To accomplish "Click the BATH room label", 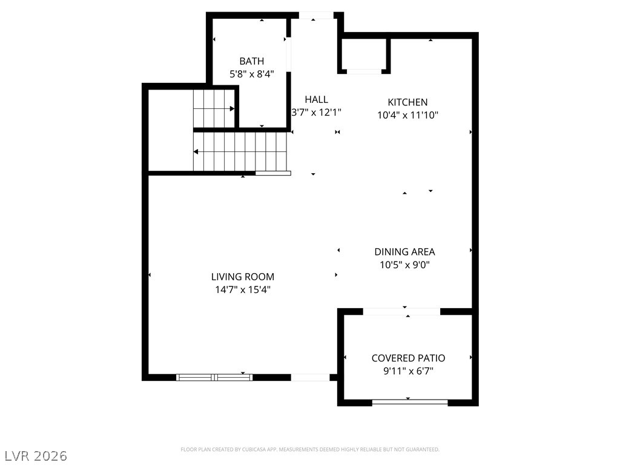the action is click(x=251, y=61).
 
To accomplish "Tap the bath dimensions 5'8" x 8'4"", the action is click(x=252, y=74).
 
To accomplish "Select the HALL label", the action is click(x=316, y=99).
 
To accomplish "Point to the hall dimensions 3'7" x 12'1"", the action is click(x=316, y=112).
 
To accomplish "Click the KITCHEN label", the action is click(x=407, y=102).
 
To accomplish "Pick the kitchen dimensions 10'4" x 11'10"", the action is click(x=407, y=115).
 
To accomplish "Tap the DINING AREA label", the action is click(x=404, y=251).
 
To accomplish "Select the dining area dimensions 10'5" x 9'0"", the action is click(x=404, y=265).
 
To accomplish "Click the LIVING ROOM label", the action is click(x=242, y=276).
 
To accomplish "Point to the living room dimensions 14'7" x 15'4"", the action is click(x=242, y=289).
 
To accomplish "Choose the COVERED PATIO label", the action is click(x=408, y=358).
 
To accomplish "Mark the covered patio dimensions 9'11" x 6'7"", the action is click(x=408, y=371).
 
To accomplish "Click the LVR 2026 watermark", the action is click(x=34, y=455).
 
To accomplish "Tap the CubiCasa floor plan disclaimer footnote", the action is click(x=310, y=449).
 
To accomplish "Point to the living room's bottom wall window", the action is click(x=214, y=377).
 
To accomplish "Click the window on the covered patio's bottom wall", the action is click(x=410, y=402).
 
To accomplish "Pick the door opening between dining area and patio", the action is click(x=401, y=312).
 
